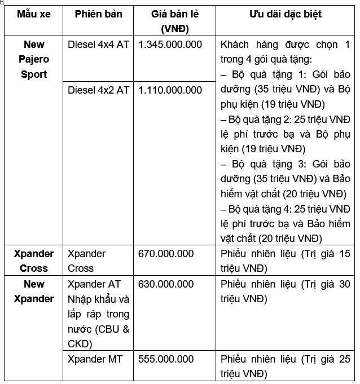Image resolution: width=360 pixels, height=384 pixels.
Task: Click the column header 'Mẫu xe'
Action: pos(34,14)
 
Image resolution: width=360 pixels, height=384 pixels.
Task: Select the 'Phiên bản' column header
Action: pos(98,14)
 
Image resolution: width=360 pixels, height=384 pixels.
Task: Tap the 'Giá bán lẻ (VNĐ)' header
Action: pos(175,21)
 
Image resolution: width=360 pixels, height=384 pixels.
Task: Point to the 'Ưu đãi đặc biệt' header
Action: pos(285,14)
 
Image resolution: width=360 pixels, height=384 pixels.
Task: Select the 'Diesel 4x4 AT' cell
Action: pos(98,45)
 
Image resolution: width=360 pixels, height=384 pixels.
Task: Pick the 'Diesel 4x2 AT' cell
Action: pos(98,90)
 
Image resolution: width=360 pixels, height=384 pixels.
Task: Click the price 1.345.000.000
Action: pos(170,45)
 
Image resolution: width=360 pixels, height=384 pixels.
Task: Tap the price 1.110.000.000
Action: pos(170,90)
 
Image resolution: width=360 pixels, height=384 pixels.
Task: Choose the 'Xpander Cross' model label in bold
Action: pos(34,261)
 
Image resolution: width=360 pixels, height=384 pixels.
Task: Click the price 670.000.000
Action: pos(166,254)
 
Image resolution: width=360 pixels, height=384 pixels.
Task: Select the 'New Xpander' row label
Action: pos(34,291)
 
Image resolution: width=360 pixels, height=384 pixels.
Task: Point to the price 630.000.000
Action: pos(166,284)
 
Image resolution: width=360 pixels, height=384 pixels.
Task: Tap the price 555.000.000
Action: pos(166,359)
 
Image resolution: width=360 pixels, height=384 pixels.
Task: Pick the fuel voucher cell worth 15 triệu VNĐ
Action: pos(285,261)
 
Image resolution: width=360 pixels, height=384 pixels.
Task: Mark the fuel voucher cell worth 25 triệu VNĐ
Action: pos(285,366)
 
